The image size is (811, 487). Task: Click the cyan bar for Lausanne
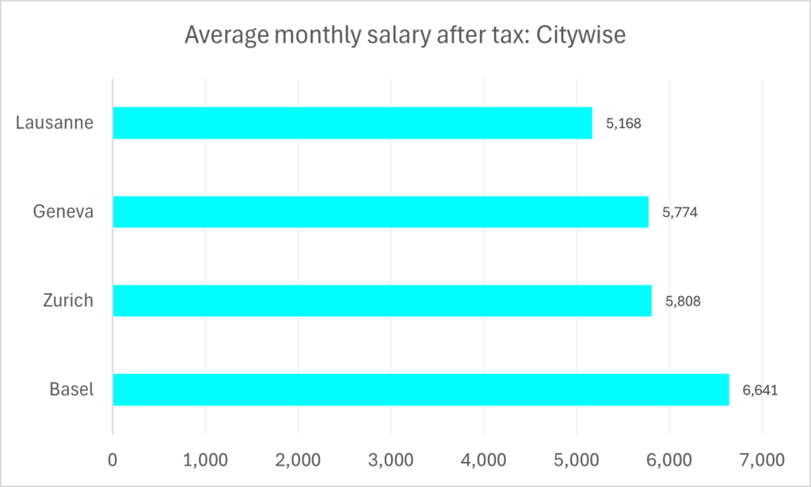[352, 123]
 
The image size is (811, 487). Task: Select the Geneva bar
[380, 211]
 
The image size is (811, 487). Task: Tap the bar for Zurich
[382, 300]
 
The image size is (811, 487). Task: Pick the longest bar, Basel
[421, 389]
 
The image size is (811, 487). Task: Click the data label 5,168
[623, 124]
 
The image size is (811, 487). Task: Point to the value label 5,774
[680, 212]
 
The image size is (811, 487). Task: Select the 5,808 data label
[682, 301]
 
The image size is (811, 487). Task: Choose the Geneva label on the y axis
[63, 211]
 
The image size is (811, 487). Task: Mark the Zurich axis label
[68, 300]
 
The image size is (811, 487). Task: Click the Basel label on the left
[71, 389]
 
